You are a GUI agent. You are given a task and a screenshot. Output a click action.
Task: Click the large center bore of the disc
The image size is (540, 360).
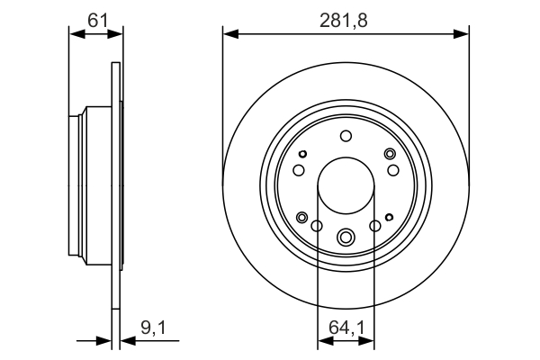coord(346,186)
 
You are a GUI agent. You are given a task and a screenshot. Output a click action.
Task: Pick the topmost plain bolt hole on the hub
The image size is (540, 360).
coord(346,136)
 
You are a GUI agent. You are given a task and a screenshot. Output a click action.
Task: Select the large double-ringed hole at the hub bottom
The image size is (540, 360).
coord(346,238)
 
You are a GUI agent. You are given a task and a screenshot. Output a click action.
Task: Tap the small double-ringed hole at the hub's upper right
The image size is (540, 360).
coord(390,154)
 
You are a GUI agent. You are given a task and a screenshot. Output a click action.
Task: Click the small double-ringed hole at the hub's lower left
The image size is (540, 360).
coord(302,217)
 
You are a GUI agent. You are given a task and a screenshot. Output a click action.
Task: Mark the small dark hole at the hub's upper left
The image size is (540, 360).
coord(304,153)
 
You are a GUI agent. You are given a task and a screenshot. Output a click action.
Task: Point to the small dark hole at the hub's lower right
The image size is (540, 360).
coord(389,217)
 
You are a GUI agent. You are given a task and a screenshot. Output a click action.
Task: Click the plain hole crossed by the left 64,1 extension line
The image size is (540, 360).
coord(318,225)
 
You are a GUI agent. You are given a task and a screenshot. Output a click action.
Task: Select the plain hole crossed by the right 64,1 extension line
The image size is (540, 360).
coord(375,225)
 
